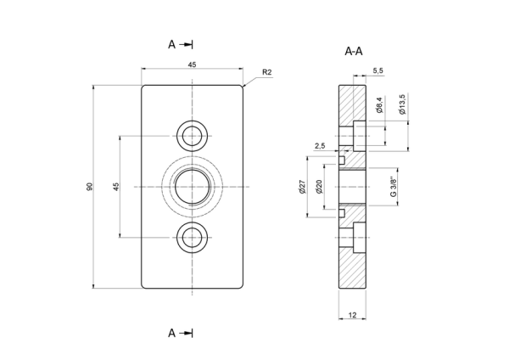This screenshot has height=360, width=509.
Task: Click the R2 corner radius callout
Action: click(x=266, y=72)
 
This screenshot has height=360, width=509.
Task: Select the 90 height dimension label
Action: click(x=89, y=187)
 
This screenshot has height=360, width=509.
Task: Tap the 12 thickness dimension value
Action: click(x=352, y=315)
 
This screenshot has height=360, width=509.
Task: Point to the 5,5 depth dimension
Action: click(x=378, y=70)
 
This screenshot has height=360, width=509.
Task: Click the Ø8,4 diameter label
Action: click(x=380, y=104)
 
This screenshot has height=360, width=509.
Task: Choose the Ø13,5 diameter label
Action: click(x=402, y=104)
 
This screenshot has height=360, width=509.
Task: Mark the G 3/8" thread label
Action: click(x=394, y=187)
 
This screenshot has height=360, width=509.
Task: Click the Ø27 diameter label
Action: click(x=302, y=187)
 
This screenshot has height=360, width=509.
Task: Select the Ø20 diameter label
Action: click(x=320, y=187)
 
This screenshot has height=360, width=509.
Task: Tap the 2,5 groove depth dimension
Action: click(x=320, y=146)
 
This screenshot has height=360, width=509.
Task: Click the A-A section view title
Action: click(x=354, y=51)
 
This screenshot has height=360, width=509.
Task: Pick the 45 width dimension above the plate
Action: click(x=193, y=65)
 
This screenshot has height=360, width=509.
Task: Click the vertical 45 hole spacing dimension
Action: click(x=116, y=187)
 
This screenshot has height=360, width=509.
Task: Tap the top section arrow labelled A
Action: click(x=181, y=44)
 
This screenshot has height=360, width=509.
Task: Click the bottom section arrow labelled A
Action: click(x=181, y=333)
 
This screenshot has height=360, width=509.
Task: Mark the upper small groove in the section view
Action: click(x=342, y=160)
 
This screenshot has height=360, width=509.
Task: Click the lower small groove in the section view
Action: click(x=342, y=213)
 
